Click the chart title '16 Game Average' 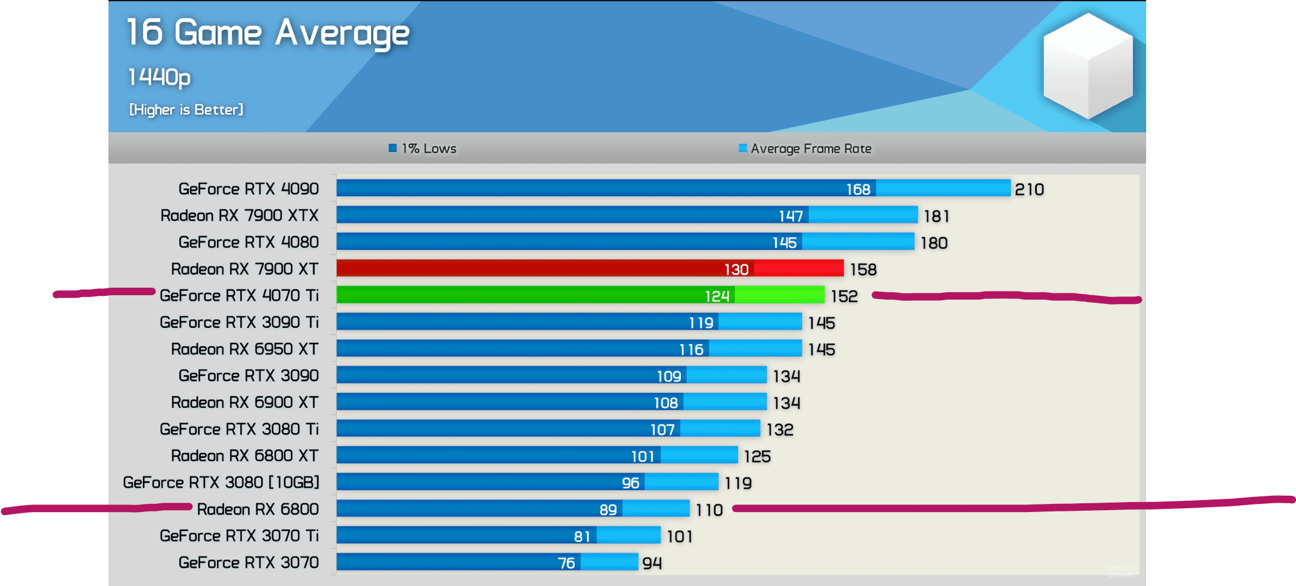(x=268, y=33)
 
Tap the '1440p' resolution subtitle (x=159, y=77)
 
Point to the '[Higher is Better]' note (x=186, y=110)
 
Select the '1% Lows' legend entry (x=423, y=149)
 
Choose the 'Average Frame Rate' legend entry (x=805, y=149)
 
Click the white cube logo (x=1088, y=66)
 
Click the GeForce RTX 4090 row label (x=248, y=189)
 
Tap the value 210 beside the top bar (x=1029, y=189)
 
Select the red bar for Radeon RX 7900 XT (x=589, y=268)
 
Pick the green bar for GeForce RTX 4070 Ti (x=580, y=295)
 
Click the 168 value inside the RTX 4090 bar (x=858, y=189)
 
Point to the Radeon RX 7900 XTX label (x=240, y=216)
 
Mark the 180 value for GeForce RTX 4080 (x=934, y=243)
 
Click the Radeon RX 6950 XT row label (x=245, y=349)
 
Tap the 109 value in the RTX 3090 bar (x=668, y=376)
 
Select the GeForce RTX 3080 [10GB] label (x=221, y=483)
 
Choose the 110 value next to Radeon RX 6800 (x=709, y=510)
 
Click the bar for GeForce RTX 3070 (x=487, y=562)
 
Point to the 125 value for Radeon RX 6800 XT (x=757, y=456)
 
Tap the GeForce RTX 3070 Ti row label (x=239, y=536)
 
